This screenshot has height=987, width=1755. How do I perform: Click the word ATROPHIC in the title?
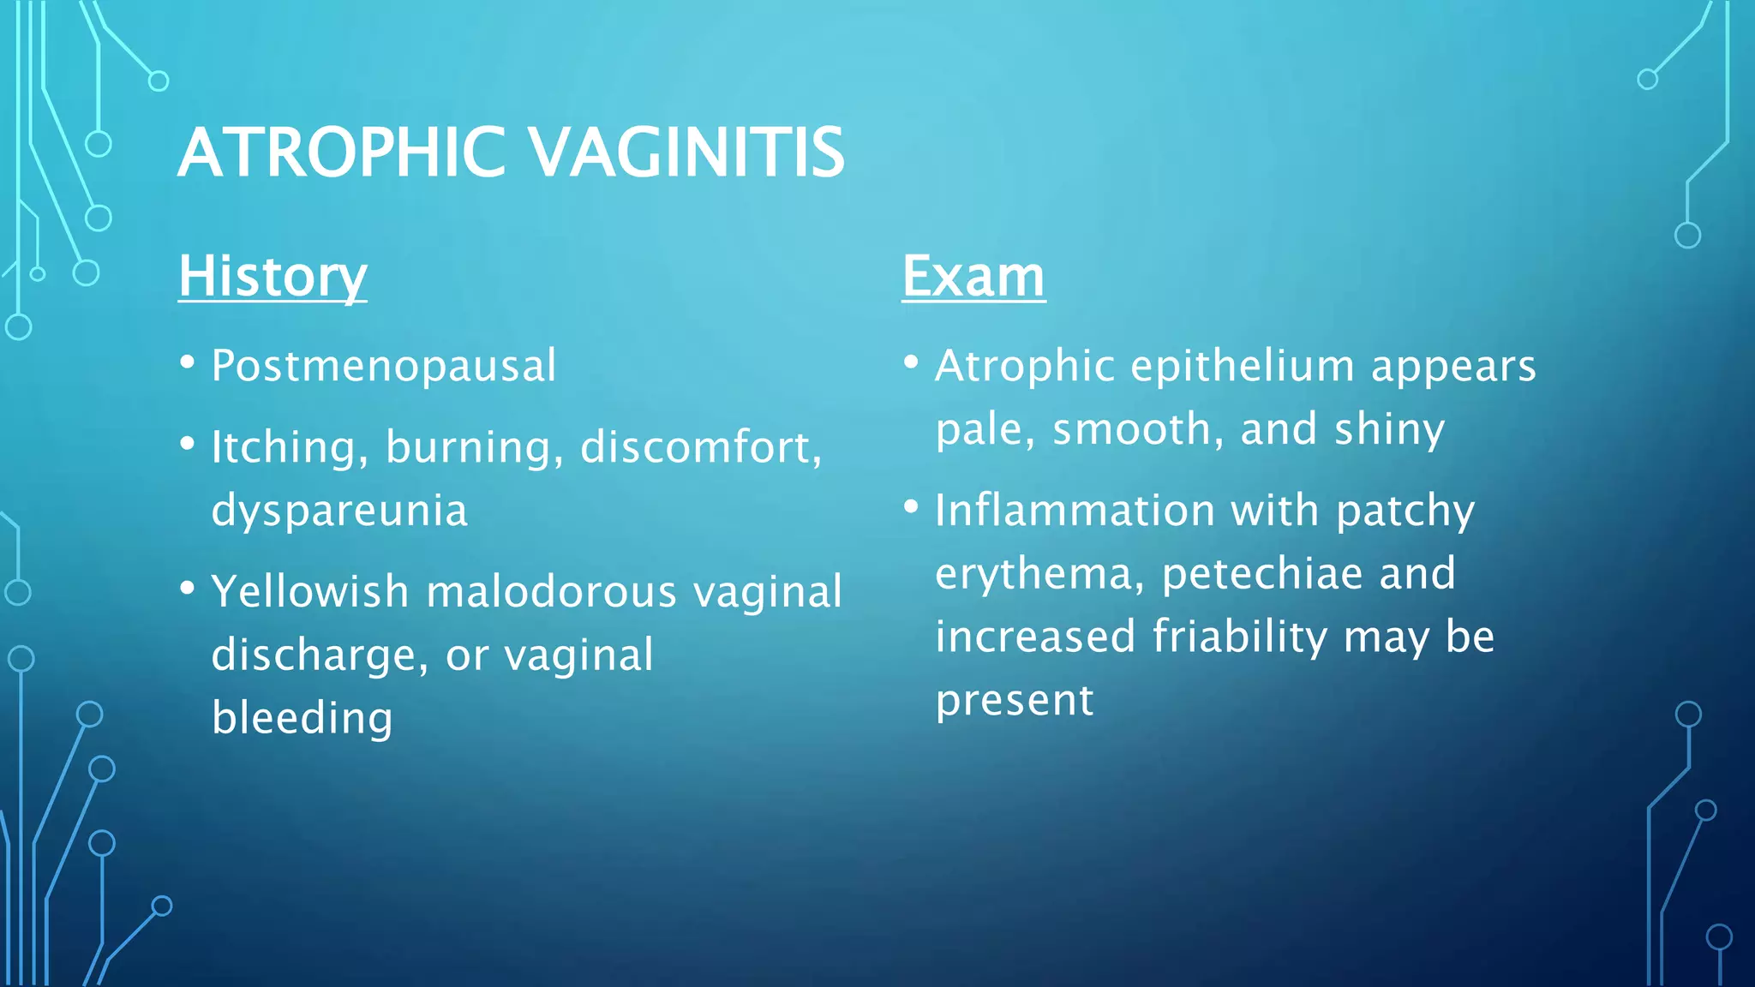342,153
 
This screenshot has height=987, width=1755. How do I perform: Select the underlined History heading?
273,277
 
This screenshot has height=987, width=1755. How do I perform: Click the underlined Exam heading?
973,277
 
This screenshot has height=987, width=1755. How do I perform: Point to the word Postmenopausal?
384,367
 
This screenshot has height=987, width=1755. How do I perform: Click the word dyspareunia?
339,511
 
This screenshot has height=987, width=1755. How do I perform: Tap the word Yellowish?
310,592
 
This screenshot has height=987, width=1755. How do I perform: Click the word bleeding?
302,718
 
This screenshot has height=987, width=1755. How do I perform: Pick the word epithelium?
1243,367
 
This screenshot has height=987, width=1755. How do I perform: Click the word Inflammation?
1075,511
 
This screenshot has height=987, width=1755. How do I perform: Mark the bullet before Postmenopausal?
188,362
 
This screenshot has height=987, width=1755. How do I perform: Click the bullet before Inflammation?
911,507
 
